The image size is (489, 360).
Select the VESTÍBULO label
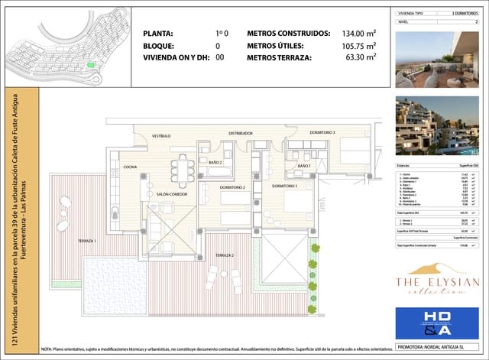160,136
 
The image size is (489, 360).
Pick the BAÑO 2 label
215,163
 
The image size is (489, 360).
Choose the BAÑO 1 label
303,166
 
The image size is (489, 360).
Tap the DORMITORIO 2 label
232,187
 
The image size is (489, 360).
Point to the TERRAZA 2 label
224,255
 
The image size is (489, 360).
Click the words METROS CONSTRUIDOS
288,34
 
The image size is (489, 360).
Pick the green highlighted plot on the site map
92,66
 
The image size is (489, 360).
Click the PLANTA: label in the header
158,34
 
